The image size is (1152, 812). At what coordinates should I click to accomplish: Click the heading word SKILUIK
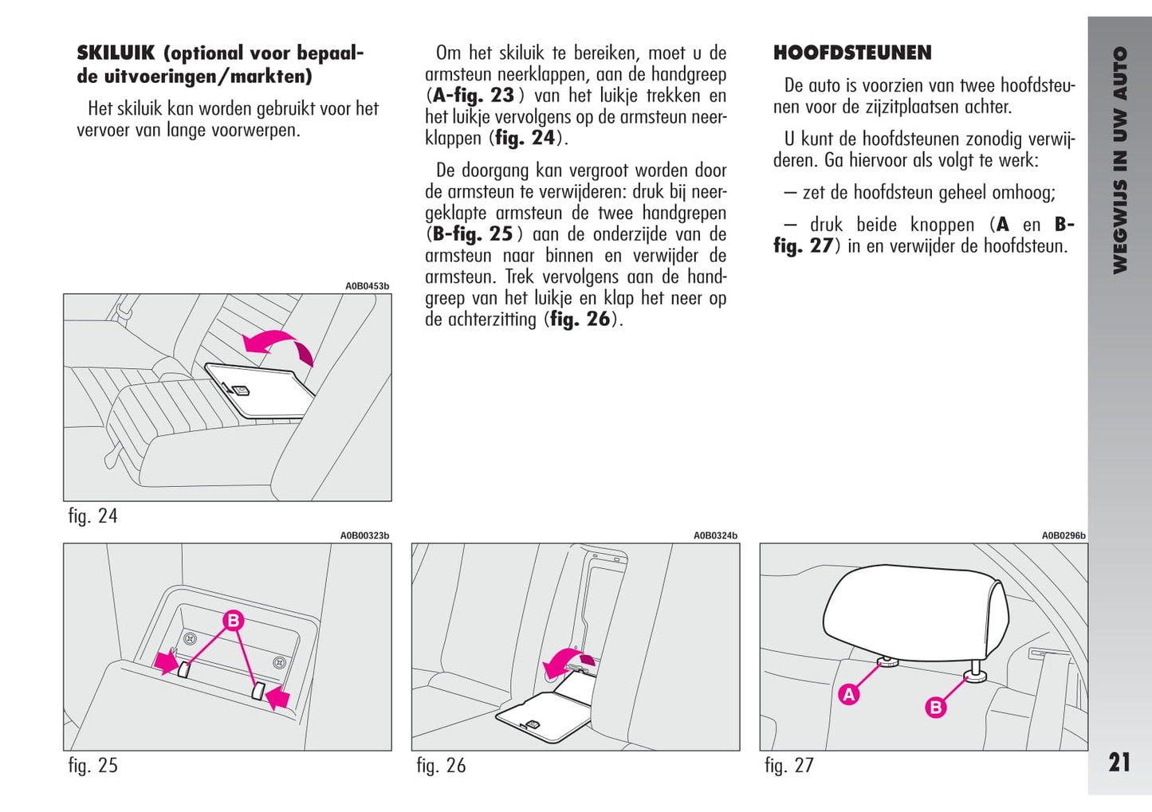pyautogui.click(x=116, y=53)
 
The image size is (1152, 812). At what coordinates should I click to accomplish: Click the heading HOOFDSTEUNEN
pyautogui.click(x=852, y=53)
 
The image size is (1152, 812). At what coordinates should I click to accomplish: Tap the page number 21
pyautogui.click(x=1119, y=763)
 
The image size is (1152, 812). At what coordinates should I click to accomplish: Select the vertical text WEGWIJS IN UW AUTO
pyautogui.click(x=1119, y=159)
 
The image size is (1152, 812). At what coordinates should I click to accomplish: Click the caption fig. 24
pyautogui.click(x=92, y=516)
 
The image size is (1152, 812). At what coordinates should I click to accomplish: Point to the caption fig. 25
pyautogui.click(x=92, y=766)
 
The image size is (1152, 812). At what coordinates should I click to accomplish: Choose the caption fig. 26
pyautogui.click(x=441, y=766)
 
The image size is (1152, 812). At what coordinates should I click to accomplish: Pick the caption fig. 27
pyautogui.click(x=789, y=766)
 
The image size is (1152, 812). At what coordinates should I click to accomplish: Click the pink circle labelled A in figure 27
pyautogui.click(x=849, y=694)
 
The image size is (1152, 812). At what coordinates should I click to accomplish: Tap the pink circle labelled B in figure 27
pyautogui.click(x=935, y=707)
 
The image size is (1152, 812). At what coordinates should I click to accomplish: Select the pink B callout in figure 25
pyautogui.click(x=233, y=621)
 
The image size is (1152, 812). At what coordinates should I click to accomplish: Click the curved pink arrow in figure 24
pyautogui.click(x=278, y=346)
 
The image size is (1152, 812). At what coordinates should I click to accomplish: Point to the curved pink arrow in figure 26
pyautogui.click(x=568, y=660)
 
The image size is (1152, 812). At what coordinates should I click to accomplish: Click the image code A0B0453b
pyautogui.click(x=367, y=286)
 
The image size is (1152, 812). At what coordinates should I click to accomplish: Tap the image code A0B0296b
pyautogui.click(x=1064, y=536)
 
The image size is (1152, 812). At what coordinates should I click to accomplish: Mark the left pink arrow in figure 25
pyautogui.click(x=166, y=661)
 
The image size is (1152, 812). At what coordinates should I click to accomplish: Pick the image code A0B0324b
pyautogui.click(x=715, y=536)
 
